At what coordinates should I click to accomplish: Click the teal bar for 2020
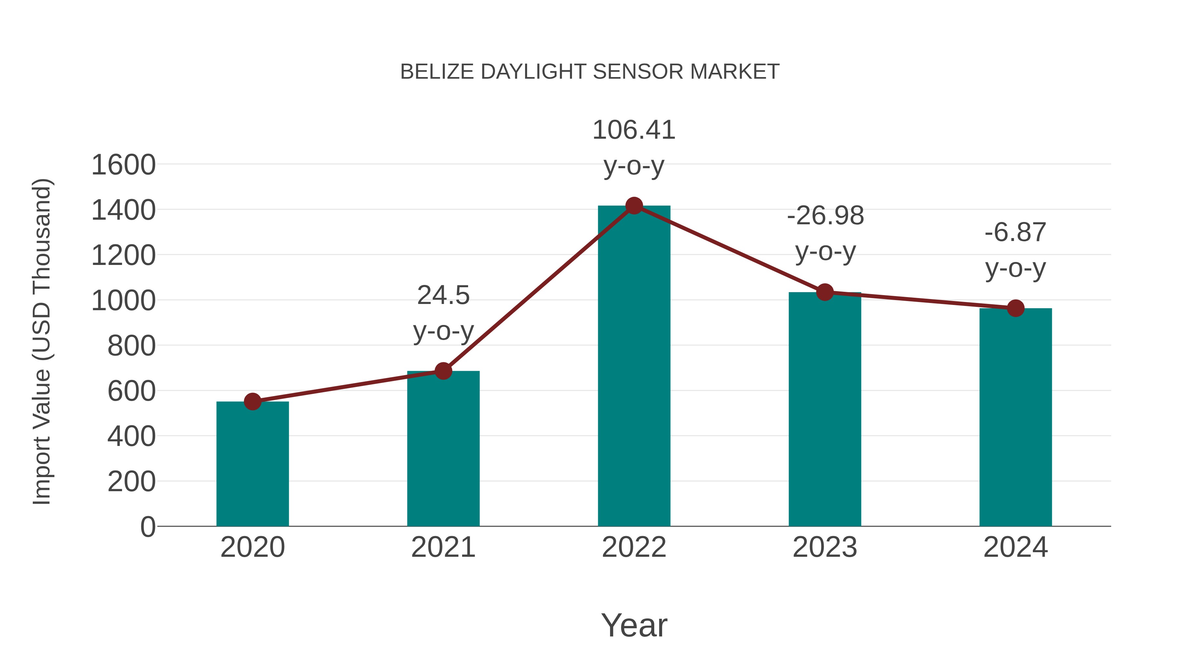[252, 464]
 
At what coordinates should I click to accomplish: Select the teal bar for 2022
[634, 367]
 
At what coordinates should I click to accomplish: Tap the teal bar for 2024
[1015, 417]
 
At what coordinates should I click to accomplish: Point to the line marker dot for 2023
[825, 292]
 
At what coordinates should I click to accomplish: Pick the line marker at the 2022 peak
[634, 206]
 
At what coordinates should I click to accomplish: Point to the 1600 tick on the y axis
[123, 165]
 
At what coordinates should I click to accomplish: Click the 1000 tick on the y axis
[123, 301]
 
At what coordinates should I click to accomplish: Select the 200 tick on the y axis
[131, 482]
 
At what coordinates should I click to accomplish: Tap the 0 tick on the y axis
[147, 527]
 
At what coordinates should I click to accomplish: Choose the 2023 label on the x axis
[825, 547]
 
